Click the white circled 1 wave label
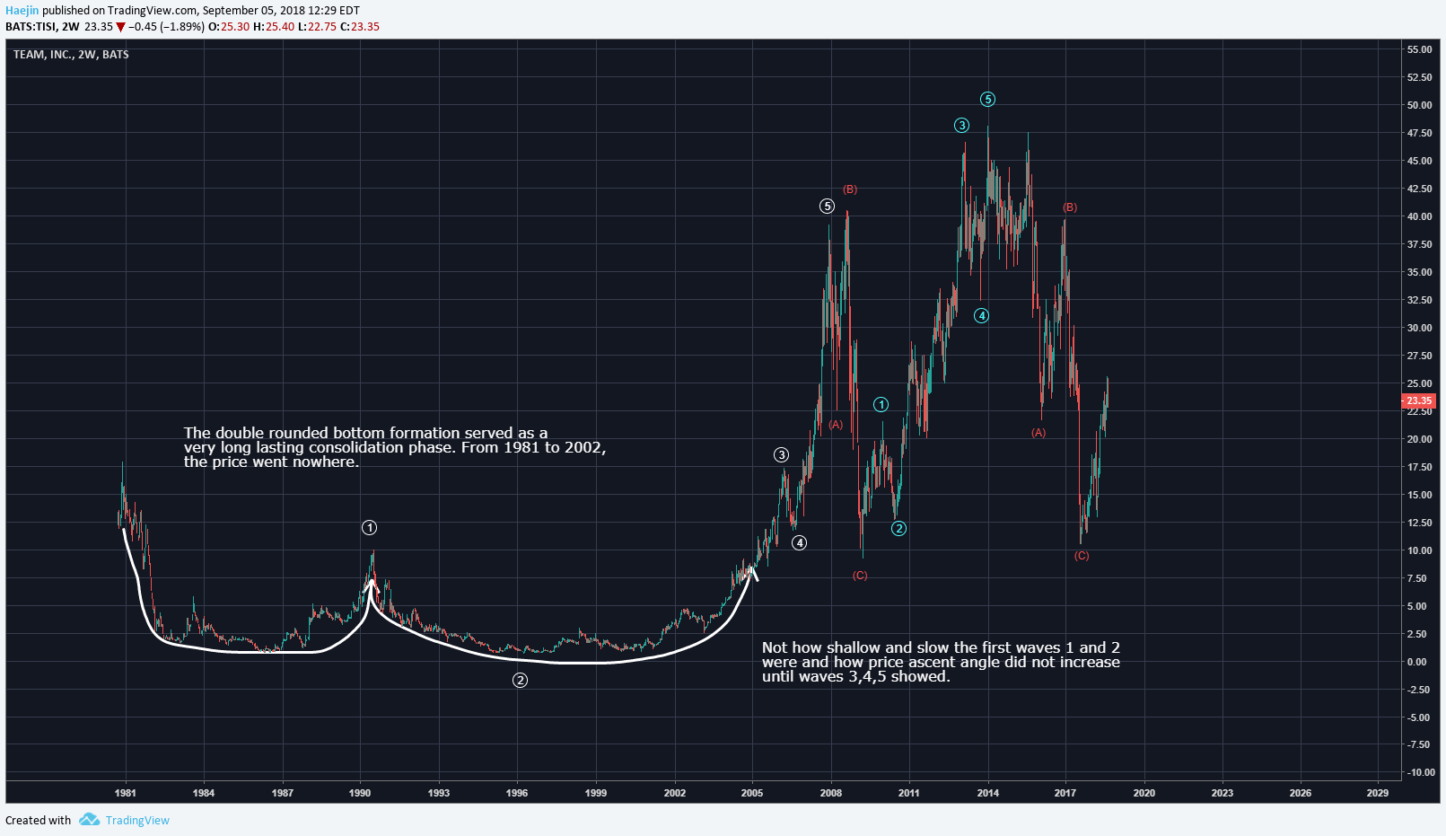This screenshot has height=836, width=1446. click(x=369, y=528)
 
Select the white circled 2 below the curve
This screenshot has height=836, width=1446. click(x=520, y=681)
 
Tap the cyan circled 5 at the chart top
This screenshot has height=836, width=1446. click(x=987, y=100)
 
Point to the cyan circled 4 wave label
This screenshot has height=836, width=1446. click(x=982, y=315)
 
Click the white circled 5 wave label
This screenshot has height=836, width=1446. click(x=827, y=207)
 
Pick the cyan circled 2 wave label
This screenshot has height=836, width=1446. click(x=898, y=529)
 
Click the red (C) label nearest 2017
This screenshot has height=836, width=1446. click(x=1082, y=556)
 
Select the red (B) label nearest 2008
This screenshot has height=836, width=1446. click(x=850, y=189)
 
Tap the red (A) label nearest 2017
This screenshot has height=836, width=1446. click(x=1038, y=433)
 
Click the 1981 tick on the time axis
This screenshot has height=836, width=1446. click(x=126, y=793)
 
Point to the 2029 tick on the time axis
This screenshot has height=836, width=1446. click(x=1377, y=793)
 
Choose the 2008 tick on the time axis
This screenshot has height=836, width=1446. click(x=831, y=793)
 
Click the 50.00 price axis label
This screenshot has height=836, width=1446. click(x=1419, y=105)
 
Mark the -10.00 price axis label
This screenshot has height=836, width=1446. click(x=1418, y=772)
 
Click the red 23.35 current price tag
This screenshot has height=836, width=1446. click(x=1419, y=400)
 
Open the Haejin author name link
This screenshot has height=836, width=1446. click(x=22, y=11)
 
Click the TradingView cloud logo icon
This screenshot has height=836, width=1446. click(x=89, y=820)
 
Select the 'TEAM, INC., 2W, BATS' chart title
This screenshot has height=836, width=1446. click(x=71, y=55)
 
